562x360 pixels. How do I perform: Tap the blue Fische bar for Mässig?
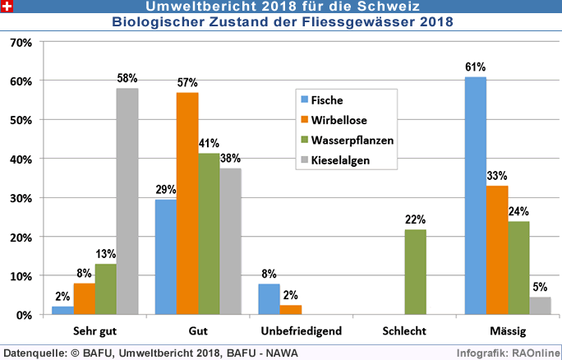[x=475, y=196]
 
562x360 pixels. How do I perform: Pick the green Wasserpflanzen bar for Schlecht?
[x=416, y=272]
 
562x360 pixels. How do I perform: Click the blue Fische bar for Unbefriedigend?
[x=269, y=299]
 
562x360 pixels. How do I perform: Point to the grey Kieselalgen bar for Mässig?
[x=540, y=306]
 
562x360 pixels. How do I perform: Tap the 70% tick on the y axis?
[x=20, y=42]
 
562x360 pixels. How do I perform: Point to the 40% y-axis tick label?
[x=20, y=159]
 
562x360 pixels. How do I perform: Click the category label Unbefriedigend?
[x=290, y=330]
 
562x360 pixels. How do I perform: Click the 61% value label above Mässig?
[x=475, y=67]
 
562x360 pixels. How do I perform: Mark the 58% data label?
[x=127, y=78]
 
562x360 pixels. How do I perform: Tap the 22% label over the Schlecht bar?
[x=416, y=219]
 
